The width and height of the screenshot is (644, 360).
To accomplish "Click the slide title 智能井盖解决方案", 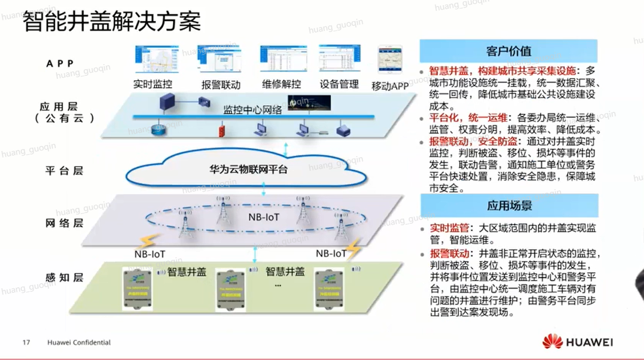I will (112, 22).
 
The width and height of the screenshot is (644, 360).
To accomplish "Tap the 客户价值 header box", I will (508, 51).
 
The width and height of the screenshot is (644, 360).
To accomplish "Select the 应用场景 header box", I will (509, 205).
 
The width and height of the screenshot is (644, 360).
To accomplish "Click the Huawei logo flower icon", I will (552, 342).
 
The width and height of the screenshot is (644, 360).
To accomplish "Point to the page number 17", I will (26, 343).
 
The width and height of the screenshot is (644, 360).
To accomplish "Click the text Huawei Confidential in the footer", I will (79, 343).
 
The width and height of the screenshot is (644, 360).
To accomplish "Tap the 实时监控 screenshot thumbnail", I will (149, 59).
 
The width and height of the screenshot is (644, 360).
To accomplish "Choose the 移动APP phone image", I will (390, 60).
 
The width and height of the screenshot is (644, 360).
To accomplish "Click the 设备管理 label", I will (339, 84).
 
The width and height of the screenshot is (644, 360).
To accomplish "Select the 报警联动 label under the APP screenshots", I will (221, 85).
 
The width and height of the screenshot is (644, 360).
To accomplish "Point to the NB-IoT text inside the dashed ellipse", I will (264, 218).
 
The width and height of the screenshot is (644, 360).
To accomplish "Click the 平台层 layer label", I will (64, 171).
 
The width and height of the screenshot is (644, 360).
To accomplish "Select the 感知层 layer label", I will (64, 278).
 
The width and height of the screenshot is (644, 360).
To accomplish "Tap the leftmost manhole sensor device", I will (137, 289).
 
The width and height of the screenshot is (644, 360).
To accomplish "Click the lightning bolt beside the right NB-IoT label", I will (353, 249).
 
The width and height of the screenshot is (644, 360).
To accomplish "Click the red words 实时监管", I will (449, 228).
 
